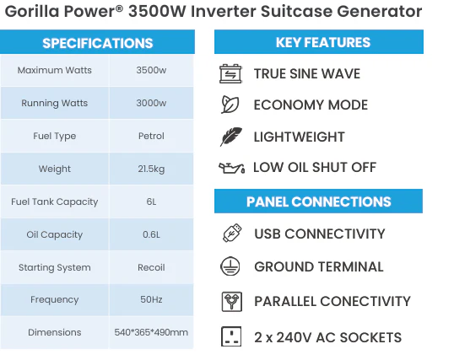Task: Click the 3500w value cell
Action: click(151, 70)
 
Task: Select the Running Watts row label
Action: click(55, 103)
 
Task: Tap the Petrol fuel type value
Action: click(151, 136)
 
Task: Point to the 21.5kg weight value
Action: click(151, 169)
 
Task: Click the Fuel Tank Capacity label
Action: click(55, 201)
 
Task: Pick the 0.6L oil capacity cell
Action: click(151, 234)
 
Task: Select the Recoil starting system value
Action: click(151, 267)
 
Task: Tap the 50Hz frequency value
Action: click(151, 299)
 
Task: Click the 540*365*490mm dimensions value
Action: click(151, 332)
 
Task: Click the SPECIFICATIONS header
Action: click(97, 42)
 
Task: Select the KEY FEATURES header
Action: click(319, 42)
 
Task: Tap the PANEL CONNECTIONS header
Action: click(318, 201)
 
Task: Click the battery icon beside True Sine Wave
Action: click(230, 74)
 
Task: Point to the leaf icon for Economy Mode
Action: click(230, 105)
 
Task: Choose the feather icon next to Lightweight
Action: click(230, 137)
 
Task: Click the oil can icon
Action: click(231, 168)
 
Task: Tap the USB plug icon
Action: click(232, 233)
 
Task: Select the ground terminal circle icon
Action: click(230, 266)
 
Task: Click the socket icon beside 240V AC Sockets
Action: click(231, 336)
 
